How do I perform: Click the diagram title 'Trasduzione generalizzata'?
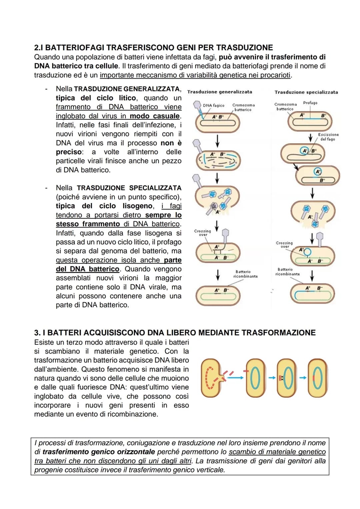(x=220, y=92)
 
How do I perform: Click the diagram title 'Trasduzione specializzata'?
(x=306, y=92)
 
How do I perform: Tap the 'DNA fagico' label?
(x=213, y=105)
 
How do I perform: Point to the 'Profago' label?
(x=310, y=103)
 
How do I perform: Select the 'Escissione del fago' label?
(x=328, y=137)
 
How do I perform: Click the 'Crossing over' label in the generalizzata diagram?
(x=202, y=232)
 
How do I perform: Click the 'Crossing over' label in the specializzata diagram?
(x=284, y=244)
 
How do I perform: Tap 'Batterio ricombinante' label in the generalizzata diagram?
(x=245, y=274)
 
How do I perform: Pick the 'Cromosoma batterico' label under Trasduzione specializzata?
(x=285, y=106)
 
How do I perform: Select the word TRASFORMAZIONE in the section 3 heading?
(x=278, y=333)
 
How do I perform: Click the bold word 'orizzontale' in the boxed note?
(x=136, y=452)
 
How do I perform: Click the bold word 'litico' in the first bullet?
(x=127, y=98)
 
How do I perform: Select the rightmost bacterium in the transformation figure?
(x=317, y=378)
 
